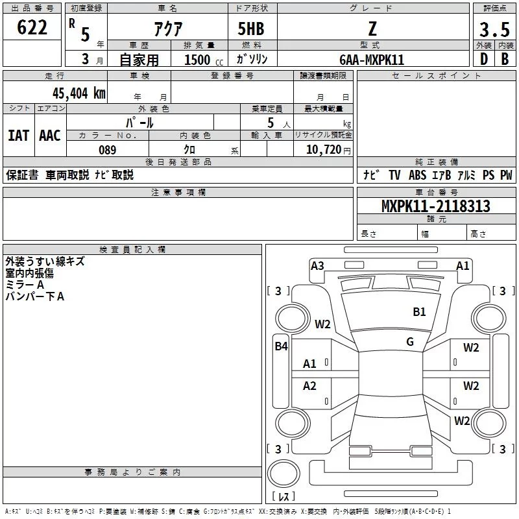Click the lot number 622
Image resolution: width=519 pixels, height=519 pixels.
click(x=32, y=29)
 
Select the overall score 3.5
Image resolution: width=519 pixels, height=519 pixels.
click(x=494, y=29)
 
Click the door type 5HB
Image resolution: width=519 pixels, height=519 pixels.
click(x=251, y=29)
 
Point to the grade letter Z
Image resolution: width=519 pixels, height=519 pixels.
click(x=371, y=29)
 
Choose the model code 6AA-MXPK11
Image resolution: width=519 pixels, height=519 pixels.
click(x=371, y=60)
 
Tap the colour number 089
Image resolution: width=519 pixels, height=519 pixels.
click(x=107, y=150)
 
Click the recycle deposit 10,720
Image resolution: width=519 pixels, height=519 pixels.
click(x=322, y=150)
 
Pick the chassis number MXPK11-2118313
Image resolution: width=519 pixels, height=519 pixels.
click(x=435, y=206)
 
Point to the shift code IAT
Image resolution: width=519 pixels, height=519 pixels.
click(x=18, y=135)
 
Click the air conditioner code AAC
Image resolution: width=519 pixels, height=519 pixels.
click(x=50, y=135)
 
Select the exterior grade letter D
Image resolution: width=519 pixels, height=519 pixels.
click(x=483, y=59)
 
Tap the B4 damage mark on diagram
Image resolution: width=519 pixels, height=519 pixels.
click(x=281, y=346)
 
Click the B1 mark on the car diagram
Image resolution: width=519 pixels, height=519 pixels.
click(x=420, y=312)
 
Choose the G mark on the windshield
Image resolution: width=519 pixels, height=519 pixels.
click(x=410, y=341)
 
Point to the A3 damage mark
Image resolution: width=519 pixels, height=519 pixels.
click(x=317, y=265)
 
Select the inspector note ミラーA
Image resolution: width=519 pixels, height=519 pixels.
click(x=25, y=285)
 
